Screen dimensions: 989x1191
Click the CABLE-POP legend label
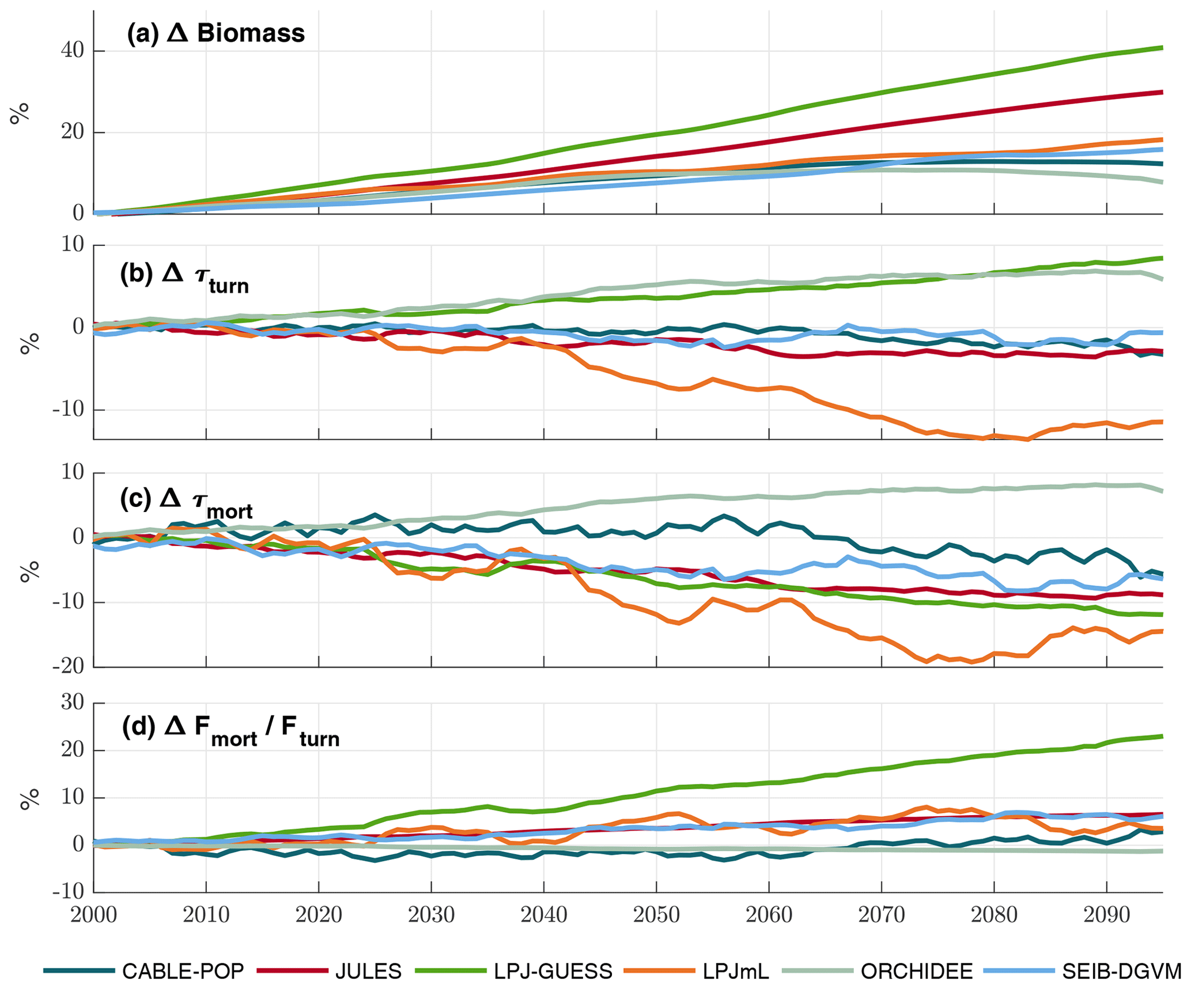point(183,971)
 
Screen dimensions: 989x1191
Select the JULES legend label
point(368,971)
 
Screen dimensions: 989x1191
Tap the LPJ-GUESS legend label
point(553,971)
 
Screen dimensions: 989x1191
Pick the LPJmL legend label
point(736,971)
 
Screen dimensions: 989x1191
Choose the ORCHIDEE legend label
point(917,971)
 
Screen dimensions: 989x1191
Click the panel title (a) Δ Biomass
point(215,33)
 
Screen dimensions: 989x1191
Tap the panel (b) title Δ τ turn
point(184,277)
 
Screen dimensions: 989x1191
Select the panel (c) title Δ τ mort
point(186,502)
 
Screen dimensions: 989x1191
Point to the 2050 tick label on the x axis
point(656,915)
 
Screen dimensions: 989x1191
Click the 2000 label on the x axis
point(94,915)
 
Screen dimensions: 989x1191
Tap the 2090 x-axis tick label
point(1106,915)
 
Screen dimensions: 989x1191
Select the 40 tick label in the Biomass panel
point(73,51)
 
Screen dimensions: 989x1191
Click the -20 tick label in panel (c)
point(68,666)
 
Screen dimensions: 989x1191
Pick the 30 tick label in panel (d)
point(73,702)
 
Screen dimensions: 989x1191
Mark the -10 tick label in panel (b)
point(68,410)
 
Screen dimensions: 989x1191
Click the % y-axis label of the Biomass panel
point(20,113)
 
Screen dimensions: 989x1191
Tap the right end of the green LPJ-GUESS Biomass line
point(1161,48)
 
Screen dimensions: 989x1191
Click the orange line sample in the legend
point(659,971)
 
